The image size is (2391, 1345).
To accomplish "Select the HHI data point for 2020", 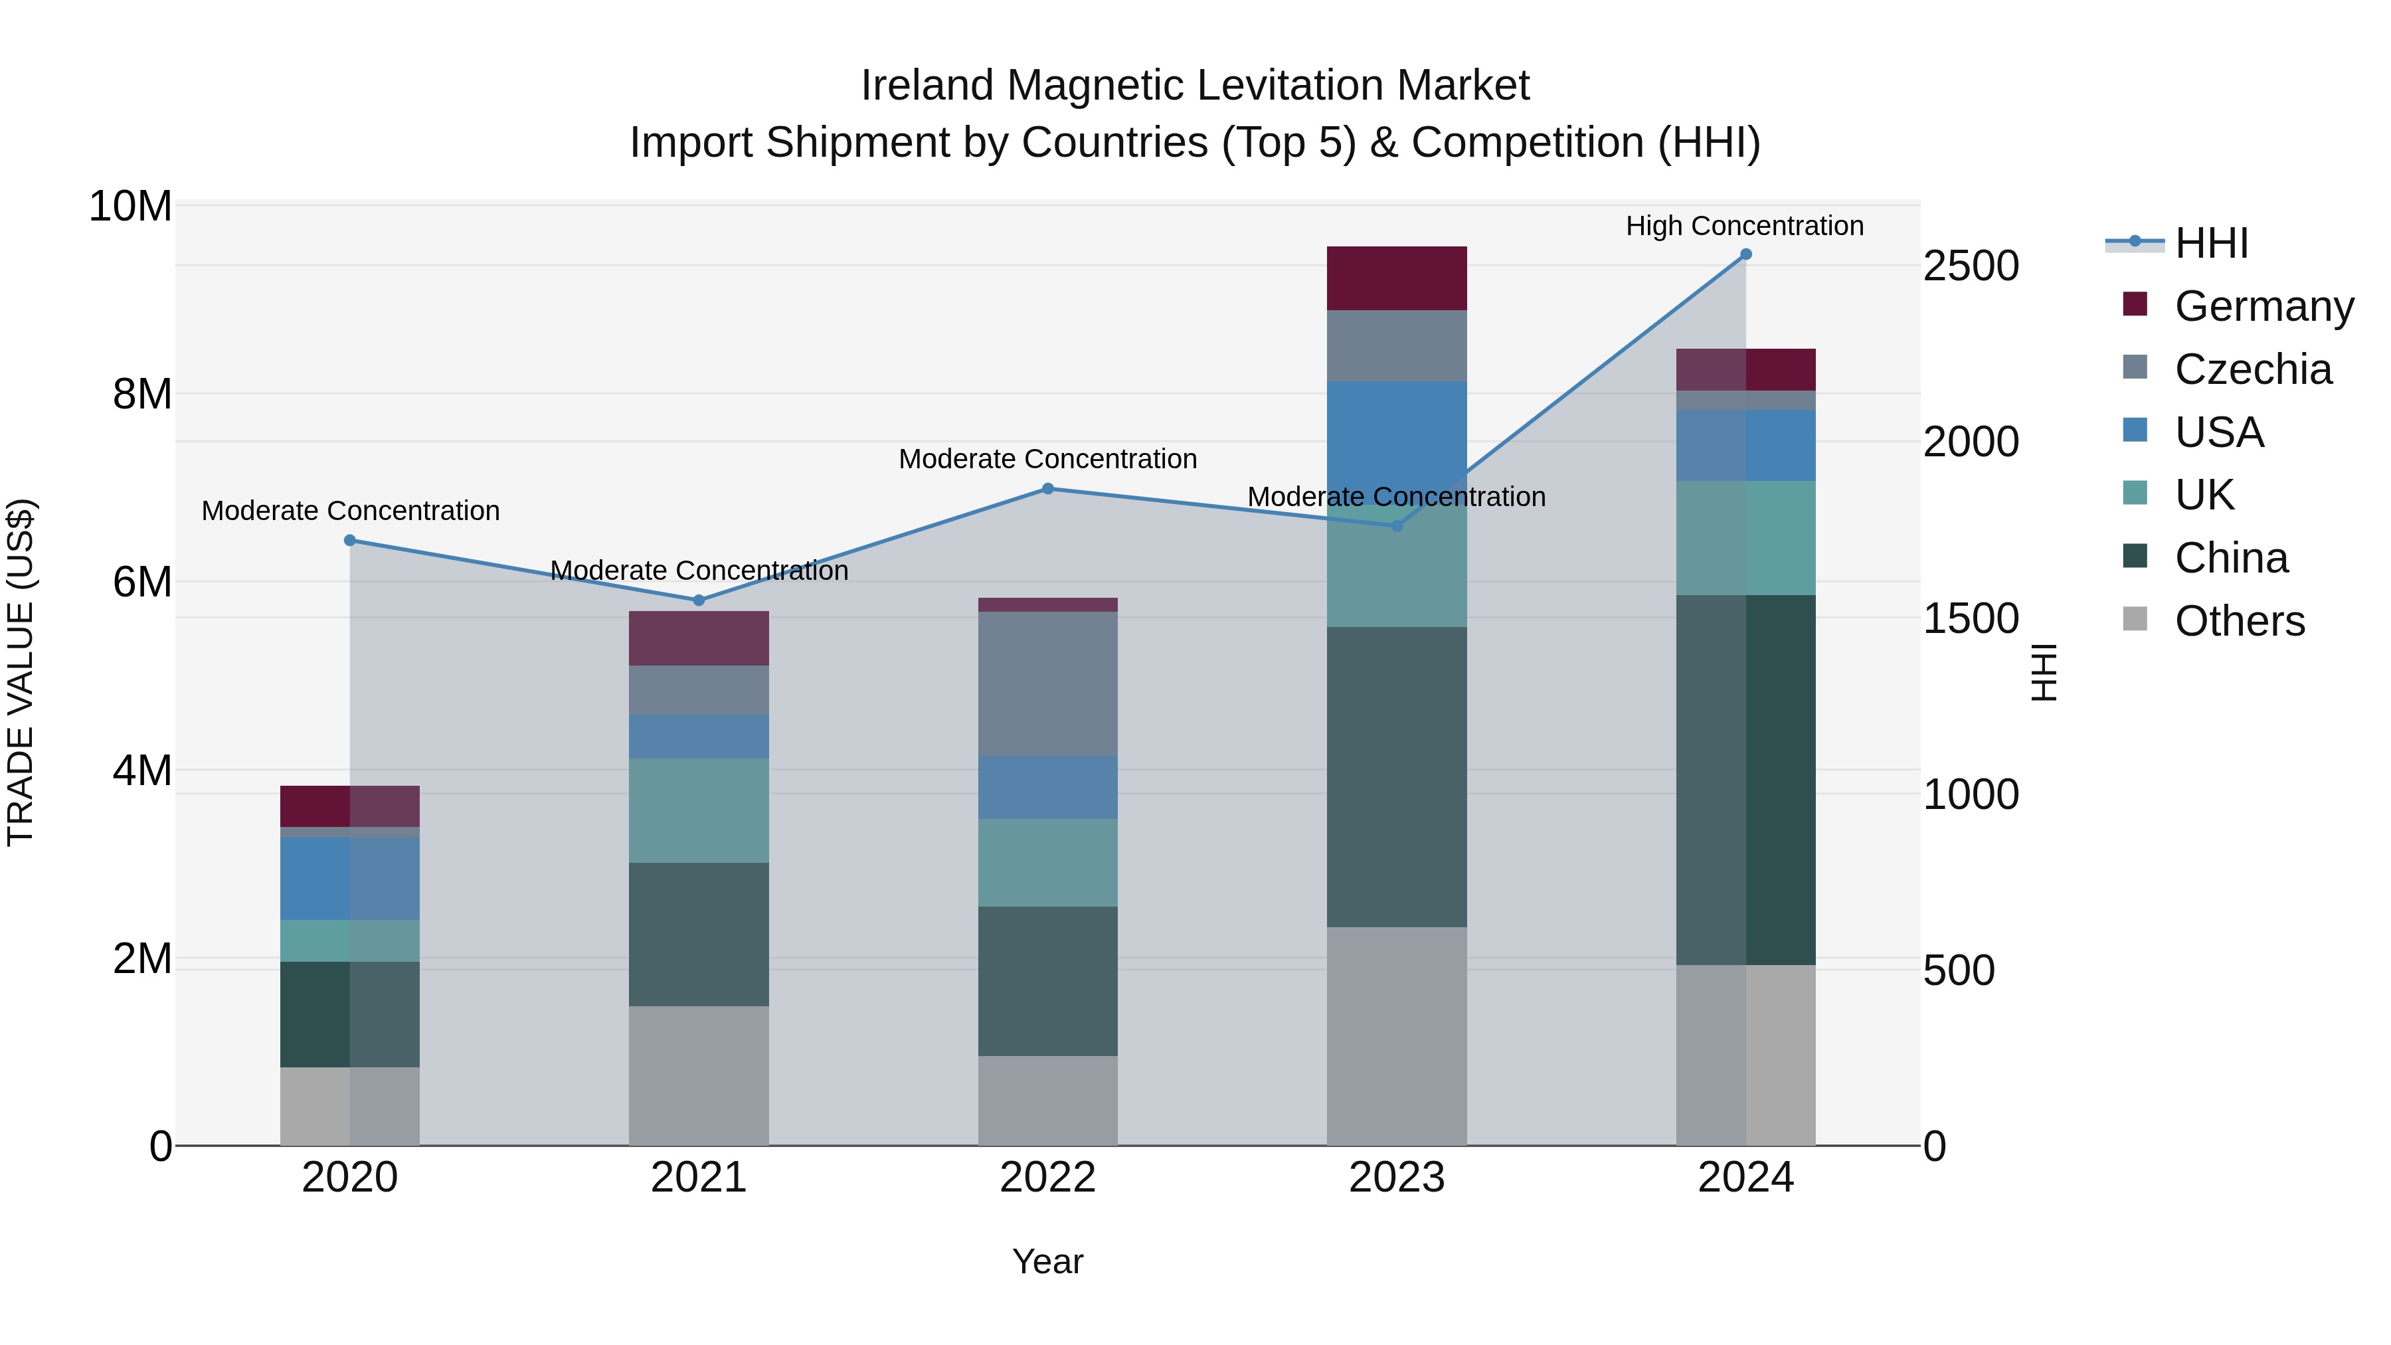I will pos(350,540).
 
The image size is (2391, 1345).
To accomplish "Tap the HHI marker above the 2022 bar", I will pos(1048,488).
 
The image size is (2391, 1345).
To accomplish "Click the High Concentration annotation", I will pos(1744,226).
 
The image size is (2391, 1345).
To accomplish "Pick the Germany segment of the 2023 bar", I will pos(1396,278).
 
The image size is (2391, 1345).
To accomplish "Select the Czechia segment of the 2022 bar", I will pos(1048,683).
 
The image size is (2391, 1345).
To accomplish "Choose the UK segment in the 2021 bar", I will pos(699,810).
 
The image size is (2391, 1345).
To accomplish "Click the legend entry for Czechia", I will pos(2252,369).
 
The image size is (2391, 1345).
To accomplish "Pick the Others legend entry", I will pos(2239,621).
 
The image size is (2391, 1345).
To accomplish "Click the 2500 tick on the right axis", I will pos(1970,266).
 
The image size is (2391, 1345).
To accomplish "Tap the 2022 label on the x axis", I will pos(1048,1178).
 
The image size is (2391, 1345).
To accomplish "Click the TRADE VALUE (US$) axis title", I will pos(21,672).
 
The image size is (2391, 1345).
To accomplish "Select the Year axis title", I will pos(1048,1261).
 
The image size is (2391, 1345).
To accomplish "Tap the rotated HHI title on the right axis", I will pos(2043,672).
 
